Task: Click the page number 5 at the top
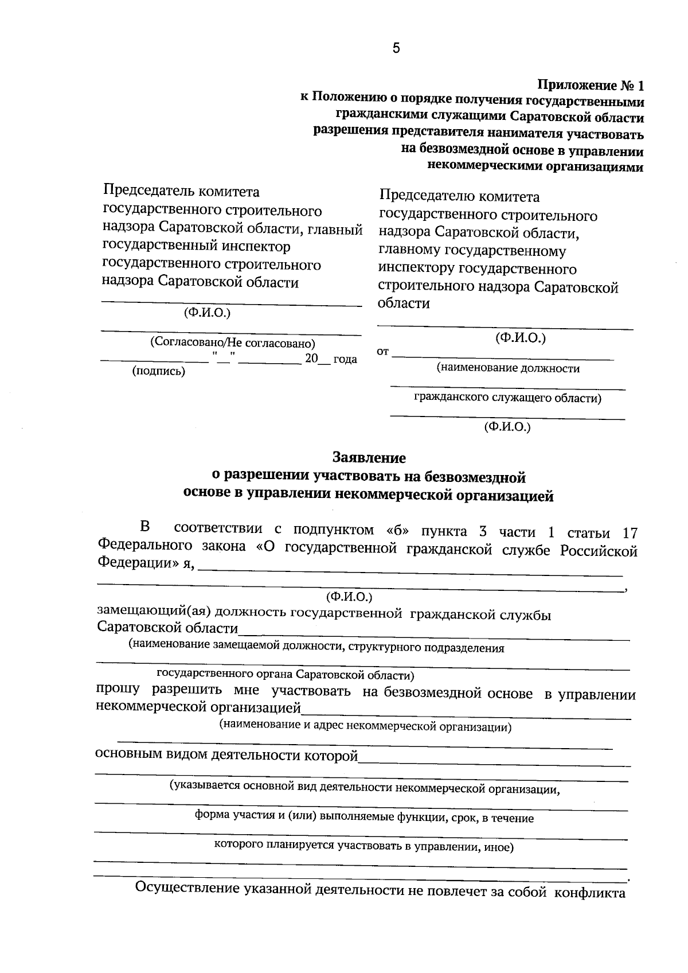coord(396,48)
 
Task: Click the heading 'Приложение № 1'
coord(591,85)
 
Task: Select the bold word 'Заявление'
coord(369,458)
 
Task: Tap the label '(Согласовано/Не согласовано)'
coord(232,343)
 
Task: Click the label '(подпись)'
coord(159,371)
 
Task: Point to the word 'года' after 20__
coord(345,359)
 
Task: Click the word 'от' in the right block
coord(382,351)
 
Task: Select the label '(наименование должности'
coord(507,368)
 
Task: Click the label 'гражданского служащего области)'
coord(507,398)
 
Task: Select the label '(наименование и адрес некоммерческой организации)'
coord(365,726)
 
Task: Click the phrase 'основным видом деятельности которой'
coord(226,755)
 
